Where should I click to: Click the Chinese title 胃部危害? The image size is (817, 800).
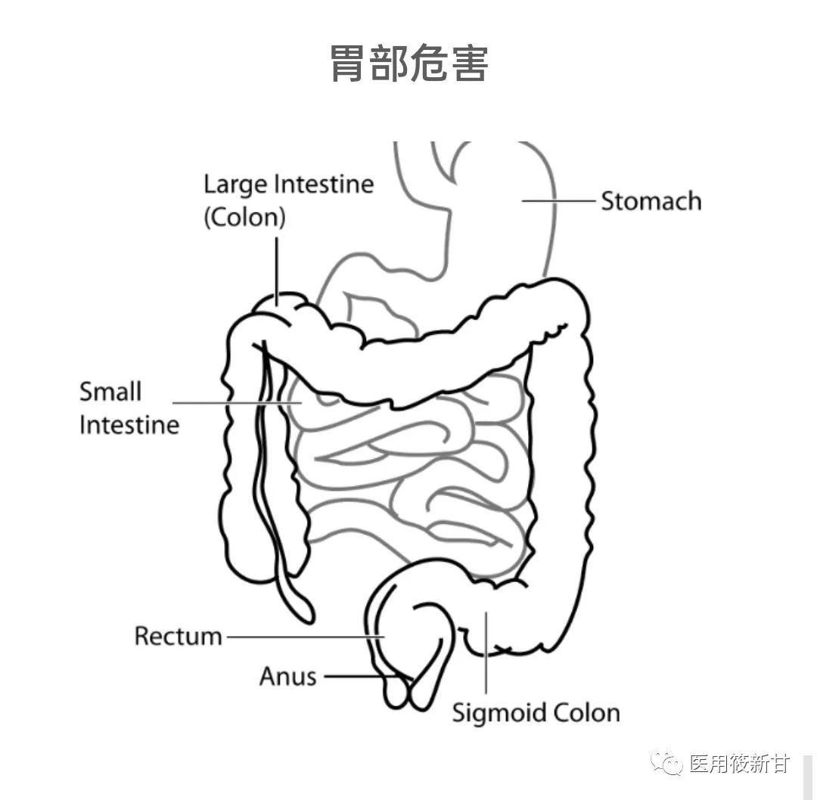408,64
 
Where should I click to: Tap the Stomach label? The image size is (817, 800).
651,201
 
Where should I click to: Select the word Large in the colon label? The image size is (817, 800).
236,184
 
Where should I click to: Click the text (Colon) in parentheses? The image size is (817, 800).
244,218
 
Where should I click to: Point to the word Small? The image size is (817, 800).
110,392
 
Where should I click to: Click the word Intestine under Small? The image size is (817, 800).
129,424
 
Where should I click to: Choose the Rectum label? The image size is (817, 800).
178,636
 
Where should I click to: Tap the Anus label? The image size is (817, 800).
287,675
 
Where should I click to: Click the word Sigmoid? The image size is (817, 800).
499,712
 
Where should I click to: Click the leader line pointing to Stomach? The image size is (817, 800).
558,201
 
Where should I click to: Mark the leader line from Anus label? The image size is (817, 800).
356,676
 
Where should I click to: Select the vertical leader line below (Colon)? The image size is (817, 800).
278,268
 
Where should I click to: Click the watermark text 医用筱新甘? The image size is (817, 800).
739,764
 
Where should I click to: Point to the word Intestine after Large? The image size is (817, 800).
324,184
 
